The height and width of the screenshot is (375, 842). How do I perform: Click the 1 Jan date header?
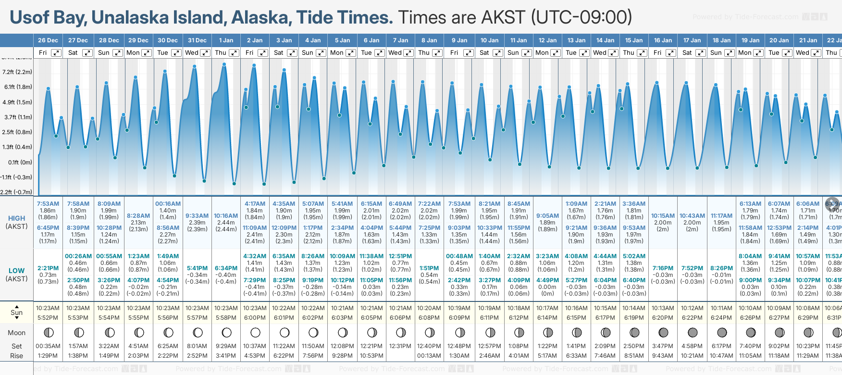tap(226, 40)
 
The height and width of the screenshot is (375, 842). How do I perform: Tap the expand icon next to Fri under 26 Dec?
tap(56, 53)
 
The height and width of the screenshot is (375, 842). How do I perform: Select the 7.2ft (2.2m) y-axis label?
tap(17, 72)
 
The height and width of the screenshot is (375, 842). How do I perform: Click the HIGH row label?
tap(17, 218)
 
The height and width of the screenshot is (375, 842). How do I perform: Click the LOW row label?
tap(17, 271)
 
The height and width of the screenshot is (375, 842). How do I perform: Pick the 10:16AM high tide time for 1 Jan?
tap(226, 216)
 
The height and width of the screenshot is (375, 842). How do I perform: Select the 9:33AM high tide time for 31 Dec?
tap(197, 216)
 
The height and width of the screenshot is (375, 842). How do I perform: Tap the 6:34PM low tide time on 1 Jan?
tap(226, 268)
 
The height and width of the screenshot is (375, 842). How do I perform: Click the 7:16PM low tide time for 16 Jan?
tap(663, 268)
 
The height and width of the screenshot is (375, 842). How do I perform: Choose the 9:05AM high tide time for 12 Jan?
tap(547, 216)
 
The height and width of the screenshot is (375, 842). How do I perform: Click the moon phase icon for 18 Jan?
tap(722, 332)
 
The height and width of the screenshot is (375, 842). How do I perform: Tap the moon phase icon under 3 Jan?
tap(285, 332)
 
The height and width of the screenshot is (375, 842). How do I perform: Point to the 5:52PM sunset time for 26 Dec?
tap(48, 318)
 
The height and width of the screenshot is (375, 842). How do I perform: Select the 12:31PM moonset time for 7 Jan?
tap(400, 346)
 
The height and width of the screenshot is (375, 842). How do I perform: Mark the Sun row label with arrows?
tap(17, 312)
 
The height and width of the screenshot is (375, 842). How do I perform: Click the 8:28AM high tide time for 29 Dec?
tap(138, 216)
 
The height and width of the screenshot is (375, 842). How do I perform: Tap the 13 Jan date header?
tap(577, 40)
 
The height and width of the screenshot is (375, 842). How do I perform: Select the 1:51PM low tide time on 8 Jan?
tap(429, 268)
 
